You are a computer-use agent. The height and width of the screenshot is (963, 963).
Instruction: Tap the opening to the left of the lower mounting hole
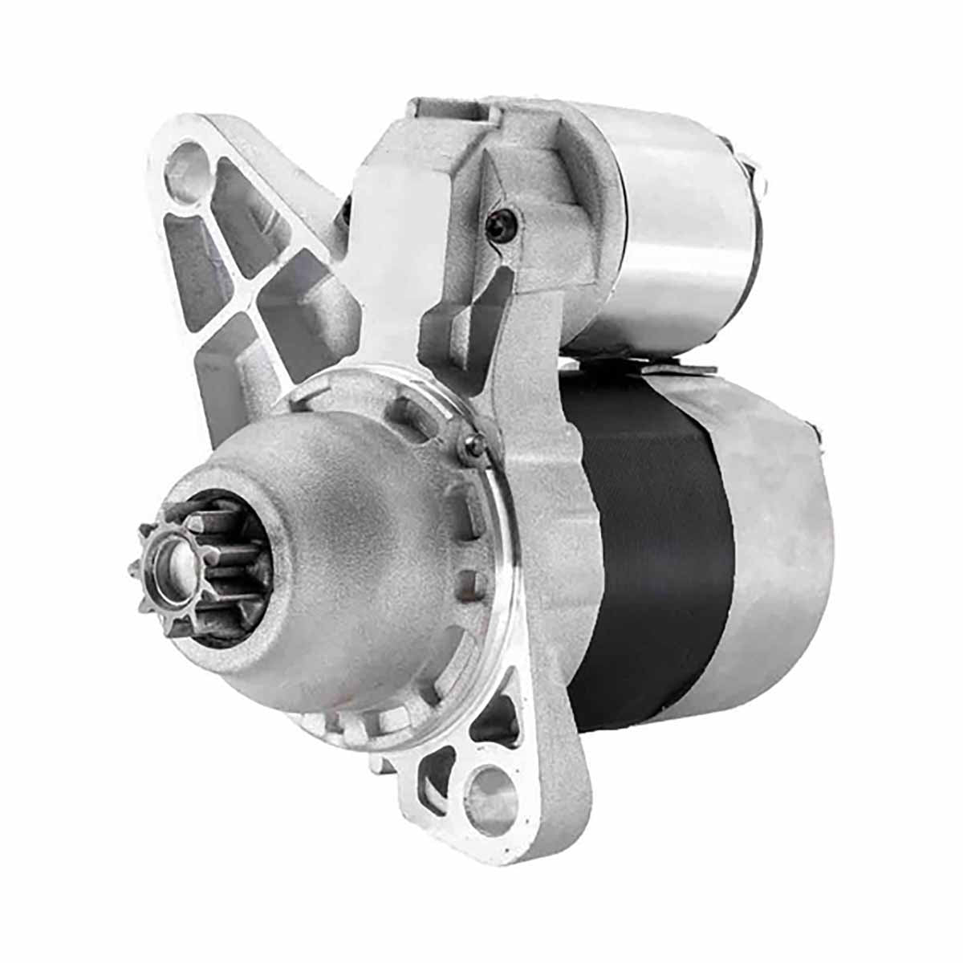coord(437,770)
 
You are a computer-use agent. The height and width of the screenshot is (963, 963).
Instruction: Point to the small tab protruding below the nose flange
coord(377,762)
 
